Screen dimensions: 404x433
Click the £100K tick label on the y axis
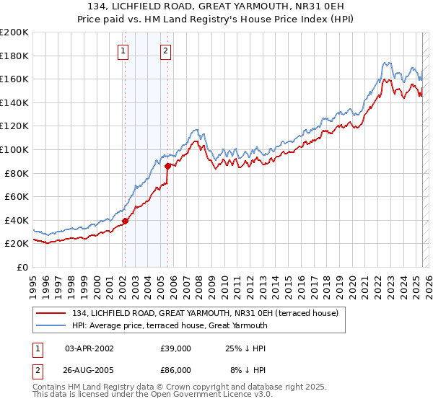tap(14, 149)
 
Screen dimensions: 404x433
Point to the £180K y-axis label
tap(14, 56)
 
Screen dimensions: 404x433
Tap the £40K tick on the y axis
tap(17, 220)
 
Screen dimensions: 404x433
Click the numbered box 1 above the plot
tap(124, 50)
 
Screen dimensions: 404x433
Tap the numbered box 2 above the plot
tap(167, 50)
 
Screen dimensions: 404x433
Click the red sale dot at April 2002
tap(125, 221)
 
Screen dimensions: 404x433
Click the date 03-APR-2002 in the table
tap(89, 348)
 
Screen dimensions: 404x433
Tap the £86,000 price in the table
tap(176, 369)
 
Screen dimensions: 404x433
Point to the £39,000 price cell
tap(176, 348)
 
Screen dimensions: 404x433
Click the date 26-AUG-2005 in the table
tap(89, 369)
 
